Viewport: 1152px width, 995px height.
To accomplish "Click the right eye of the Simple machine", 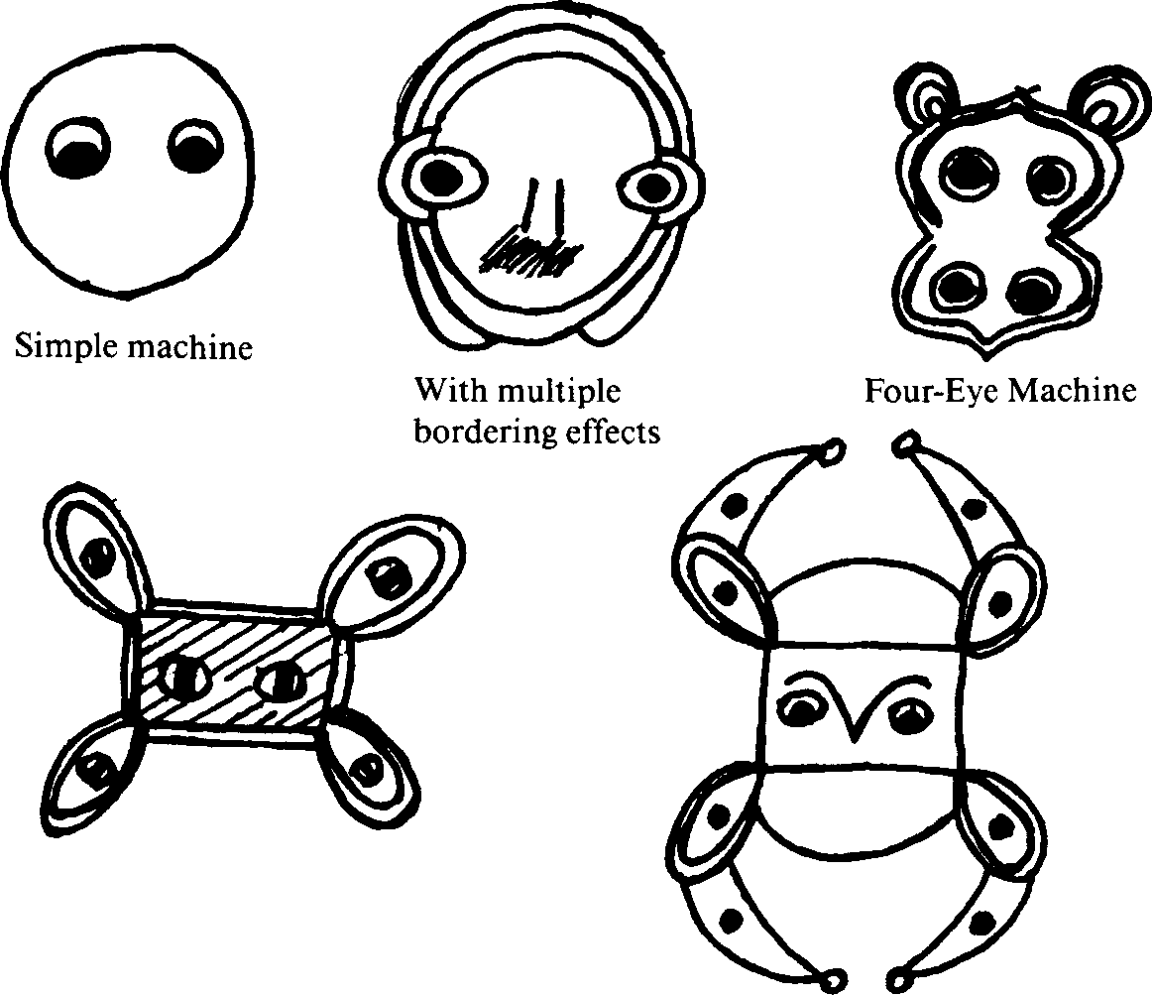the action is (x=194, y=144).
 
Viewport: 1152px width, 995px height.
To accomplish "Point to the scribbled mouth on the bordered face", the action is (x=527, y=256).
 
